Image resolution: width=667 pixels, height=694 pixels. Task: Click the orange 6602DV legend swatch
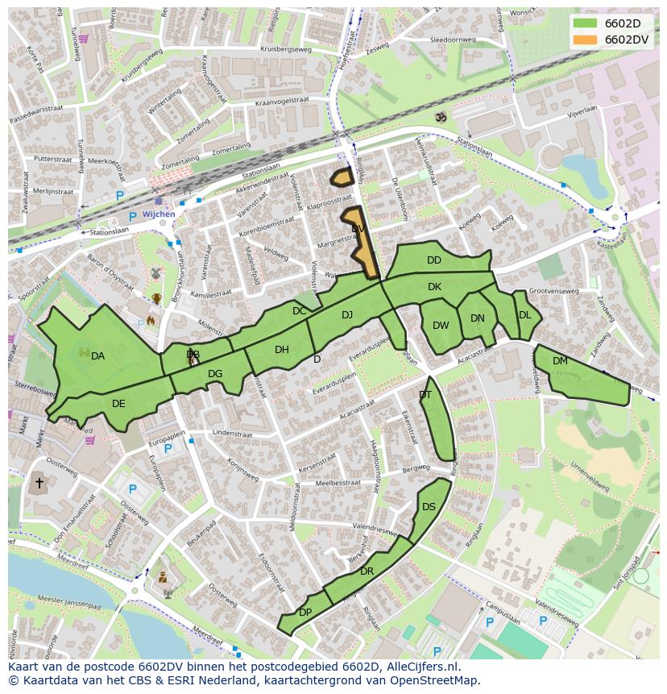coord(586,39)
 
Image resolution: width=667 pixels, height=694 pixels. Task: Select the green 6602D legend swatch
coord(586,23)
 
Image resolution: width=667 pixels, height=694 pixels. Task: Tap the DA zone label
coord(97,356)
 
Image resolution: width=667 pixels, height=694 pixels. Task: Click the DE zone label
coord(118,404)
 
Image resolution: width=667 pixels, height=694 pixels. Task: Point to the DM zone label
coord(560,361)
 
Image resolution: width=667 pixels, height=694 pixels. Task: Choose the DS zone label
coord(429,507)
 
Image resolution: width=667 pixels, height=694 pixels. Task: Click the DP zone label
coord(305,613)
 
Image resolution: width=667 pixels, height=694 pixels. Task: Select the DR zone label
coord(367,571)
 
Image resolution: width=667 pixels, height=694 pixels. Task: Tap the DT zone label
coord(425,395)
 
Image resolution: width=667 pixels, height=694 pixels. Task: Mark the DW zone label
coord(441,326)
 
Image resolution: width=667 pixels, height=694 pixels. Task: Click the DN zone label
coord(478,318)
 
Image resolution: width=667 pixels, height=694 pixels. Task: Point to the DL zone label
coord(524,315)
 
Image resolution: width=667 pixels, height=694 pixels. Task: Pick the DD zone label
coord(434,260)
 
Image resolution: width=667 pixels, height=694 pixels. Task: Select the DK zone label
coord(434,287)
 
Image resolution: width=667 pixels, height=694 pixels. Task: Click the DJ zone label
coord(347,315)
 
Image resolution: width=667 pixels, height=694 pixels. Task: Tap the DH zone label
coord(281,350)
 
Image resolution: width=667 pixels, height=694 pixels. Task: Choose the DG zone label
coord(215,374)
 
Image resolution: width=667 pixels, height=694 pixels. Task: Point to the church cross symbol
coord(38,484)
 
